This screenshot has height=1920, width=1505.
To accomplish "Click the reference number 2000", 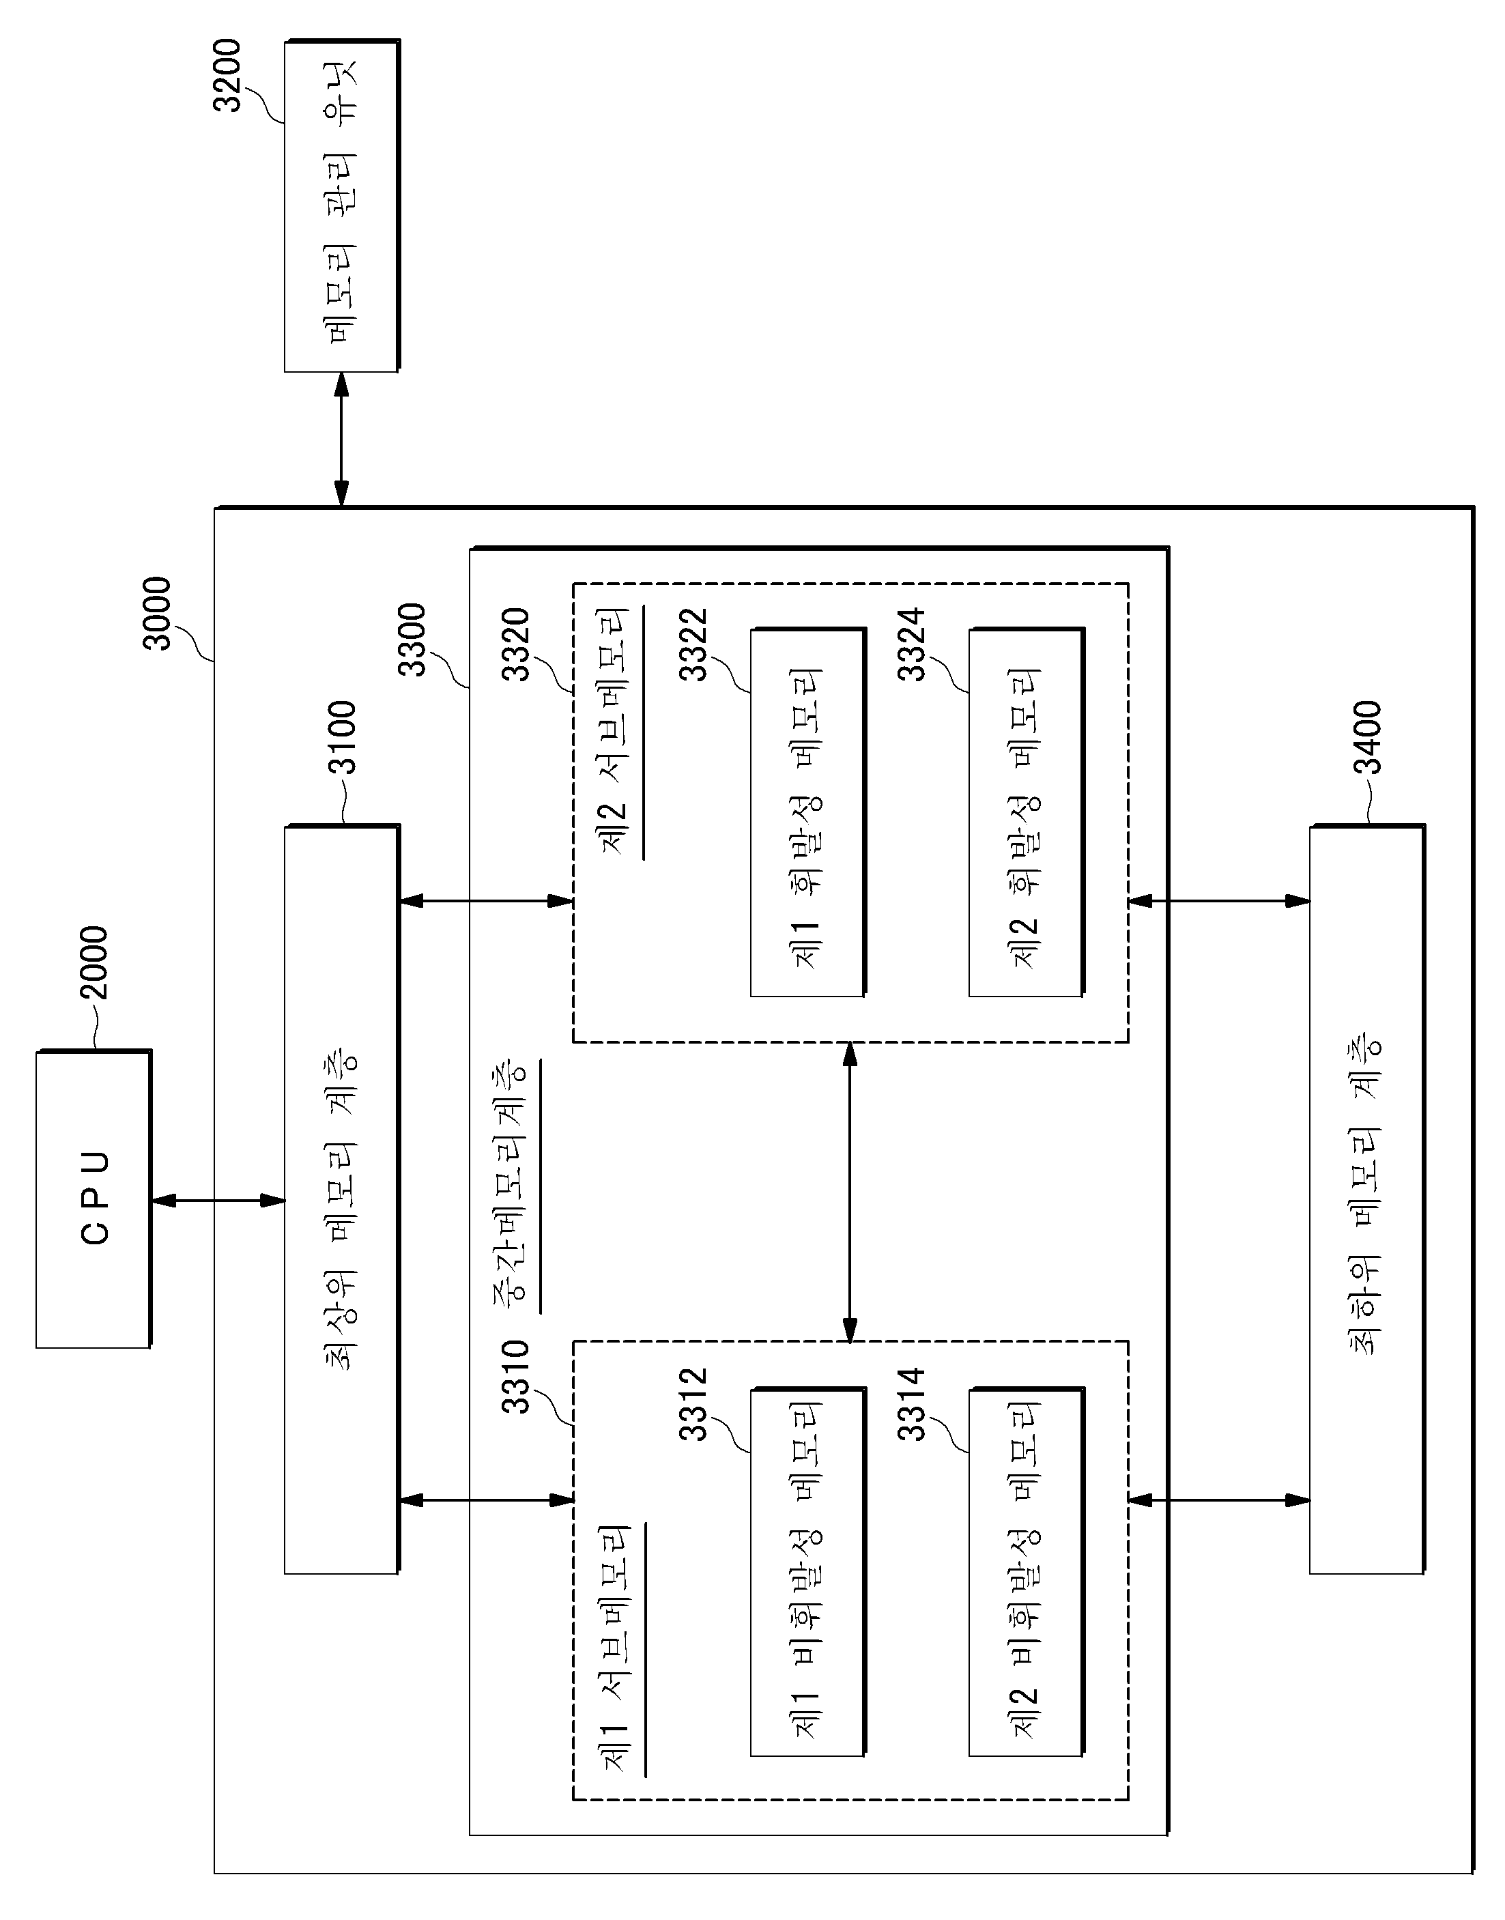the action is tap(93, 962).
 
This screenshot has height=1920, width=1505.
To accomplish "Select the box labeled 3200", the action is tap(342, 205).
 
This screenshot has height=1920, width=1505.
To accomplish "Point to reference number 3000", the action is tap(157, 614).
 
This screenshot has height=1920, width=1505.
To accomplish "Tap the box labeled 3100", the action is tap(342, 1199).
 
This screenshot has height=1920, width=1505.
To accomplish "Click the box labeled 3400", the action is tap(1366, 1199).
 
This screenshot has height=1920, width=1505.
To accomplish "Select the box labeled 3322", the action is tap(808, 812).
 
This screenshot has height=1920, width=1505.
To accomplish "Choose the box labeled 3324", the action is tap(1027, 812).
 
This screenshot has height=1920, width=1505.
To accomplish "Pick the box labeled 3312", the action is tap(808, 1573).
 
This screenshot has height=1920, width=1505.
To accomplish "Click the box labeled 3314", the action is tap(1027, 1573).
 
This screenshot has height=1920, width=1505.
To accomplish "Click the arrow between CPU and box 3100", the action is tap(218, 1200).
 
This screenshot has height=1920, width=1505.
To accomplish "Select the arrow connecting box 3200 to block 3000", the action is tap(342, 440).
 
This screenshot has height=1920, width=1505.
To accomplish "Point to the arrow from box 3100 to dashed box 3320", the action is tap(487, 900).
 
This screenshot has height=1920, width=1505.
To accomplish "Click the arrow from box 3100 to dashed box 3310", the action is tap(487, 1500).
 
